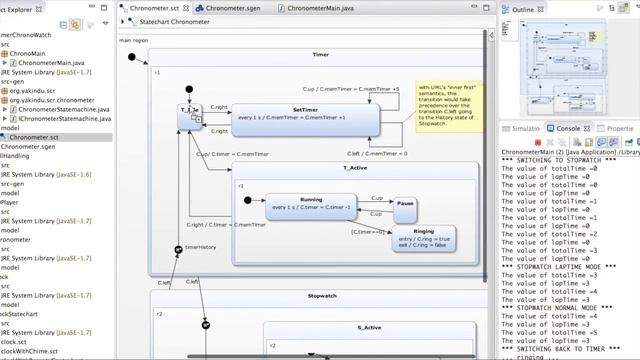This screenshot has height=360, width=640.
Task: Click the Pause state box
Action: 405,208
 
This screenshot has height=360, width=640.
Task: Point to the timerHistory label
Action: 200,247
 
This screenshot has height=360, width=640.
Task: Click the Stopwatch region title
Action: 322,297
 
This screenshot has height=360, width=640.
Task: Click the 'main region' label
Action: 133,41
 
